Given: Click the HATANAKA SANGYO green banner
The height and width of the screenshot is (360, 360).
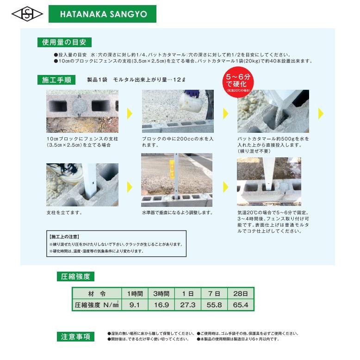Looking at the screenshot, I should click(x=102, y=14).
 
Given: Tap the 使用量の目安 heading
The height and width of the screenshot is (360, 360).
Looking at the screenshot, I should click(x=64, y=42).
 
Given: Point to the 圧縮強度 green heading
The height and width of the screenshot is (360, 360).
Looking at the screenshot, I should click(x=75, y=277).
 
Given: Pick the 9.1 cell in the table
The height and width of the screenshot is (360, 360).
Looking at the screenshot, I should click(x=135, y=305).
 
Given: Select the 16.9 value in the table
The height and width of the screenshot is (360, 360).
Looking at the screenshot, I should click(x=161, y=305).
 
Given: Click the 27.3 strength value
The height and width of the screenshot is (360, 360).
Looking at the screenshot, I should click(x=187, y=305).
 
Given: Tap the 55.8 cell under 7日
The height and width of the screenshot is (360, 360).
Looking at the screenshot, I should click(x=214, y=305).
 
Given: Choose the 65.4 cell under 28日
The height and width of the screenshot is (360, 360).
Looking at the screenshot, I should click(x=241, y=305).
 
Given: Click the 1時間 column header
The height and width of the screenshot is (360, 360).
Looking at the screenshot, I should click(x=135, y=294).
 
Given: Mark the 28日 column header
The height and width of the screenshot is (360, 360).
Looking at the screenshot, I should click(x=241, y=294).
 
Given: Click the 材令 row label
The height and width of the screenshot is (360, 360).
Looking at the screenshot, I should click(x=96, y=294).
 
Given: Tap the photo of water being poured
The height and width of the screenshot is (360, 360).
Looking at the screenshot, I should click(x=177, y=111).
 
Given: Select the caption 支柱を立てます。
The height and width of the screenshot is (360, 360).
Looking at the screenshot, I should click(x=64, y=212).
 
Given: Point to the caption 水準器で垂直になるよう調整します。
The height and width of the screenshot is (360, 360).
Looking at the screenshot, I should click(x=177, y=212).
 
